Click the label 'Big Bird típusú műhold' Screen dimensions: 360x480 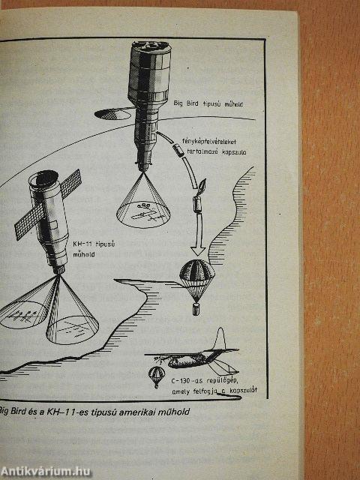[x=208, y=103]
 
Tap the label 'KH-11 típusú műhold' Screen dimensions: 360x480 [x=94, y=249]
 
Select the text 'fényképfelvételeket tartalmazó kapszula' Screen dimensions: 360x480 [x=214, y=146]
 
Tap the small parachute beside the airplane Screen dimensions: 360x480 [x=157, y=376]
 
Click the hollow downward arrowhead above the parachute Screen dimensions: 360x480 [x=198, y=250]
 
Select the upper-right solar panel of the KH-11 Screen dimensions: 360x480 [x=70, y=184]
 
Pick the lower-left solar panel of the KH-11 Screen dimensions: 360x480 [x=30, y=221]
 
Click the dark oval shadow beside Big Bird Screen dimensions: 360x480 [x=113, y=114]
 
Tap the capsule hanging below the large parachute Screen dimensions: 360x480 [x=196, y=308]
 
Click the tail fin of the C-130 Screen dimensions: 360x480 [x=220, y=338]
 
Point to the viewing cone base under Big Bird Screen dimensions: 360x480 [x=143, y=214]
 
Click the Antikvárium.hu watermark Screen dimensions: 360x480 [x=46, y=472]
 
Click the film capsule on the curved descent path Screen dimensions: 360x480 [x=178, y=150]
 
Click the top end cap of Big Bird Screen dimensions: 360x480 [x=151, y=46]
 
